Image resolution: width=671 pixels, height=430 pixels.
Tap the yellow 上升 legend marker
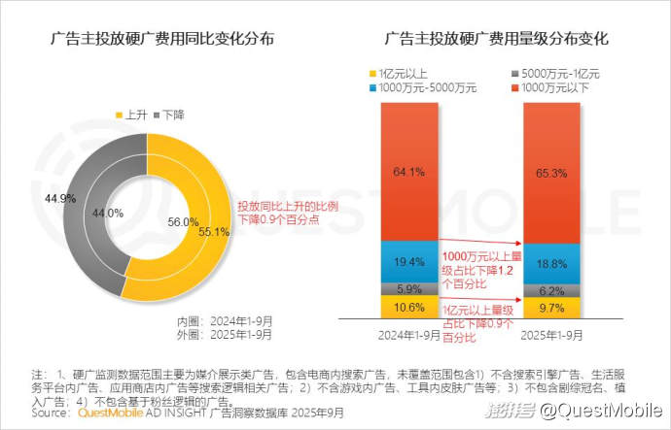121,114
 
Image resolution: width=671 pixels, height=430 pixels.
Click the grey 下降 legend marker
156,114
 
